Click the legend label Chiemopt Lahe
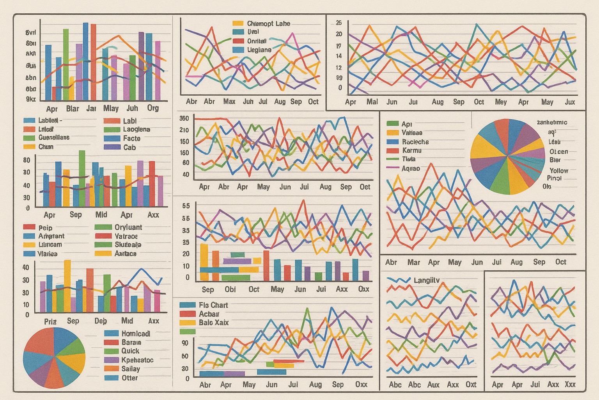[268, 23]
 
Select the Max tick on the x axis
[229, 102]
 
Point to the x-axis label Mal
[372, 102]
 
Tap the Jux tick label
[570, 102]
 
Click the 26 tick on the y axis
[338, 23]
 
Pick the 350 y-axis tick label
[184, 118]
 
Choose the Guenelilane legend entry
[54, 137]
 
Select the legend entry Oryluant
[128, 227]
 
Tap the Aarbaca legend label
[126, 254]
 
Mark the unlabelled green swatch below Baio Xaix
[188, 332]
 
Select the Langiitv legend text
[426, 280]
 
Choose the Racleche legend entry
[415, 142]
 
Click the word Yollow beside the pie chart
[558, 171]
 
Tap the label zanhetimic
[552, 122]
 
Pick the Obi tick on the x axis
[230, 289]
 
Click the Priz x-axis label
[50, 321]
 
